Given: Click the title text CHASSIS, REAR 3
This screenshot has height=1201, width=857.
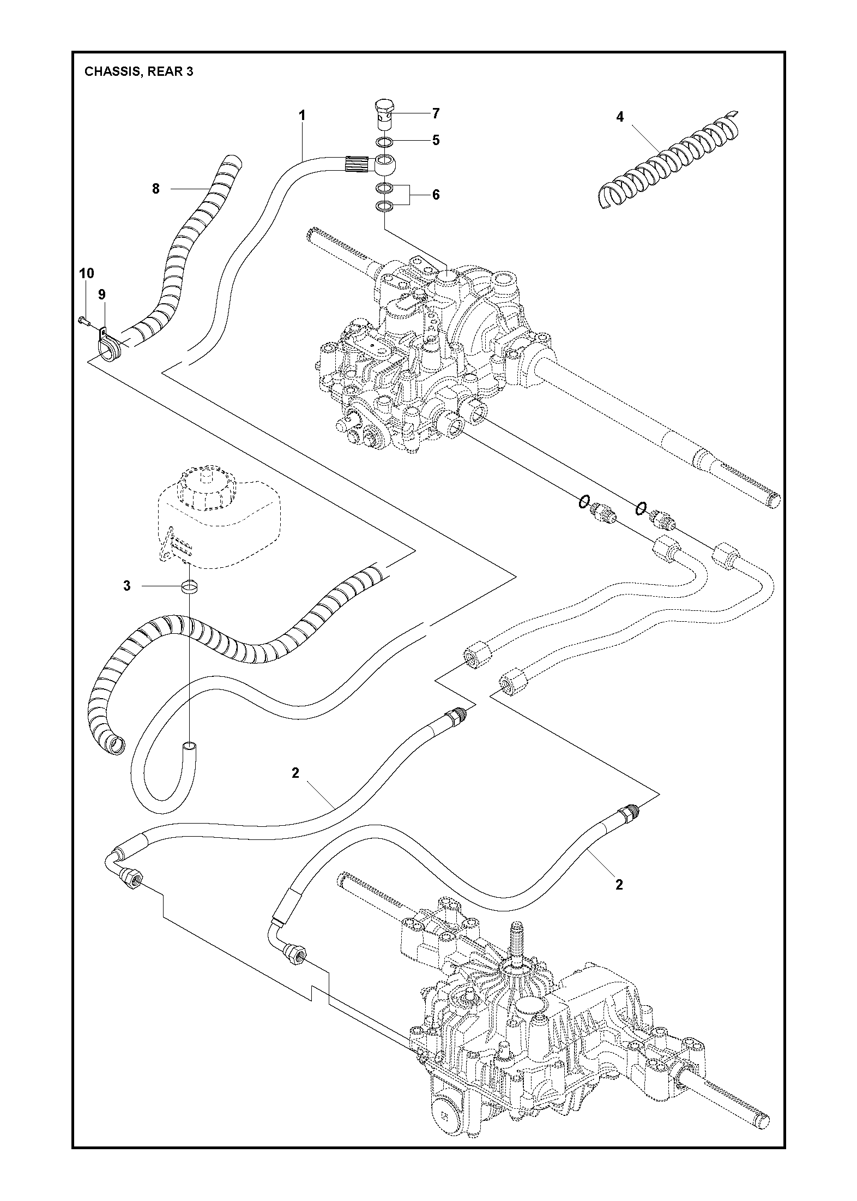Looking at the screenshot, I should tap(138, 71).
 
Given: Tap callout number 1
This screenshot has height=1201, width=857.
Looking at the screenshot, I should tap(302, 116).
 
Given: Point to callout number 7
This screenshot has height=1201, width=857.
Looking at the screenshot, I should tap(436, 113).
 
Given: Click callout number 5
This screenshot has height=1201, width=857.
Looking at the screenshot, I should tap(436, 140).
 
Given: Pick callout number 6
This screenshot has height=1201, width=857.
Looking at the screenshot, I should tap(436, 195).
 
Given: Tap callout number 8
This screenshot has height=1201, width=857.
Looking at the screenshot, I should tap(156, 189).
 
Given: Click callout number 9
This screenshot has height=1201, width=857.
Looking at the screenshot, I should tap(102, 295).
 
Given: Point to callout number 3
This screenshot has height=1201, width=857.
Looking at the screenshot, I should tap(127, 586).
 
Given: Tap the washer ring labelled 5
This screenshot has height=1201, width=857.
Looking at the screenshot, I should tap(384, 142).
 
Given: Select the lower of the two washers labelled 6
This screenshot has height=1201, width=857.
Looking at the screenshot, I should tap(384, 206).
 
